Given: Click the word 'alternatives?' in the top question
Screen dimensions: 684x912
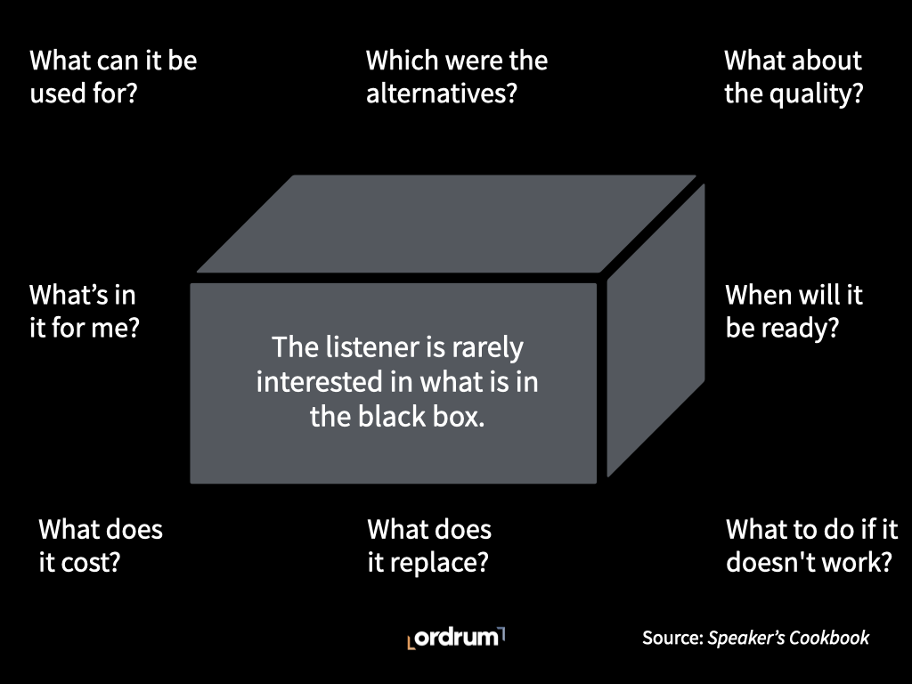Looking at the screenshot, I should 441,93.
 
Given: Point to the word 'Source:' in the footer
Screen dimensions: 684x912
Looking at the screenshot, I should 672,638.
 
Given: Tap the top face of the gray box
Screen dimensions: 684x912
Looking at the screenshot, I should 445,223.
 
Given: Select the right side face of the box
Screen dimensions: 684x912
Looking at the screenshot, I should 655,338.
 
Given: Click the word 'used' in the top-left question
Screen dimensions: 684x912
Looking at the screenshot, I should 57,93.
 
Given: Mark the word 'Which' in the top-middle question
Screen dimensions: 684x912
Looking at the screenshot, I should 402,61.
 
